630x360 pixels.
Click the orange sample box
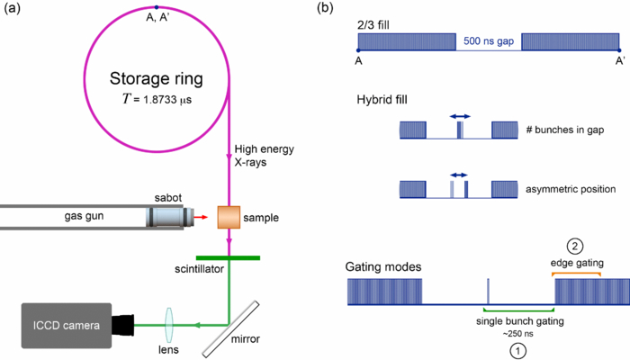tap(229, 217)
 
